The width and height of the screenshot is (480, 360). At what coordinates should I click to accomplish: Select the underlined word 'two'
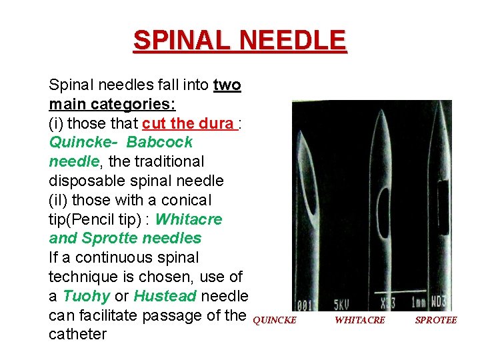[227, 85]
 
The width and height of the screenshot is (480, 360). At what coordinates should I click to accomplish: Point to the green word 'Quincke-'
[83, 143]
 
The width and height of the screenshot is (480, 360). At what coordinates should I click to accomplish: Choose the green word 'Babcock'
[159, 143]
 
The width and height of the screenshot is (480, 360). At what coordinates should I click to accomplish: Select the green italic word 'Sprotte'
[108, 238]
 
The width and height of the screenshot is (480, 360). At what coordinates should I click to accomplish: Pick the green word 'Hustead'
[165, 296]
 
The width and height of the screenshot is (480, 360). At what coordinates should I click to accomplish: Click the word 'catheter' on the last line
[77, 334]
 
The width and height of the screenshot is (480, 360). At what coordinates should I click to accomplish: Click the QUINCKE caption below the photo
[275, 320]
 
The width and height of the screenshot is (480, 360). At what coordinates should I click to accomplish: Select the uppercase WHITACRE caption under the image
[359, 320]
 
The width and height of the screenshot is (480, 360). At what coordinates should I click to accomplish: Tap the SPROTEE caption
[435, 320]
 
